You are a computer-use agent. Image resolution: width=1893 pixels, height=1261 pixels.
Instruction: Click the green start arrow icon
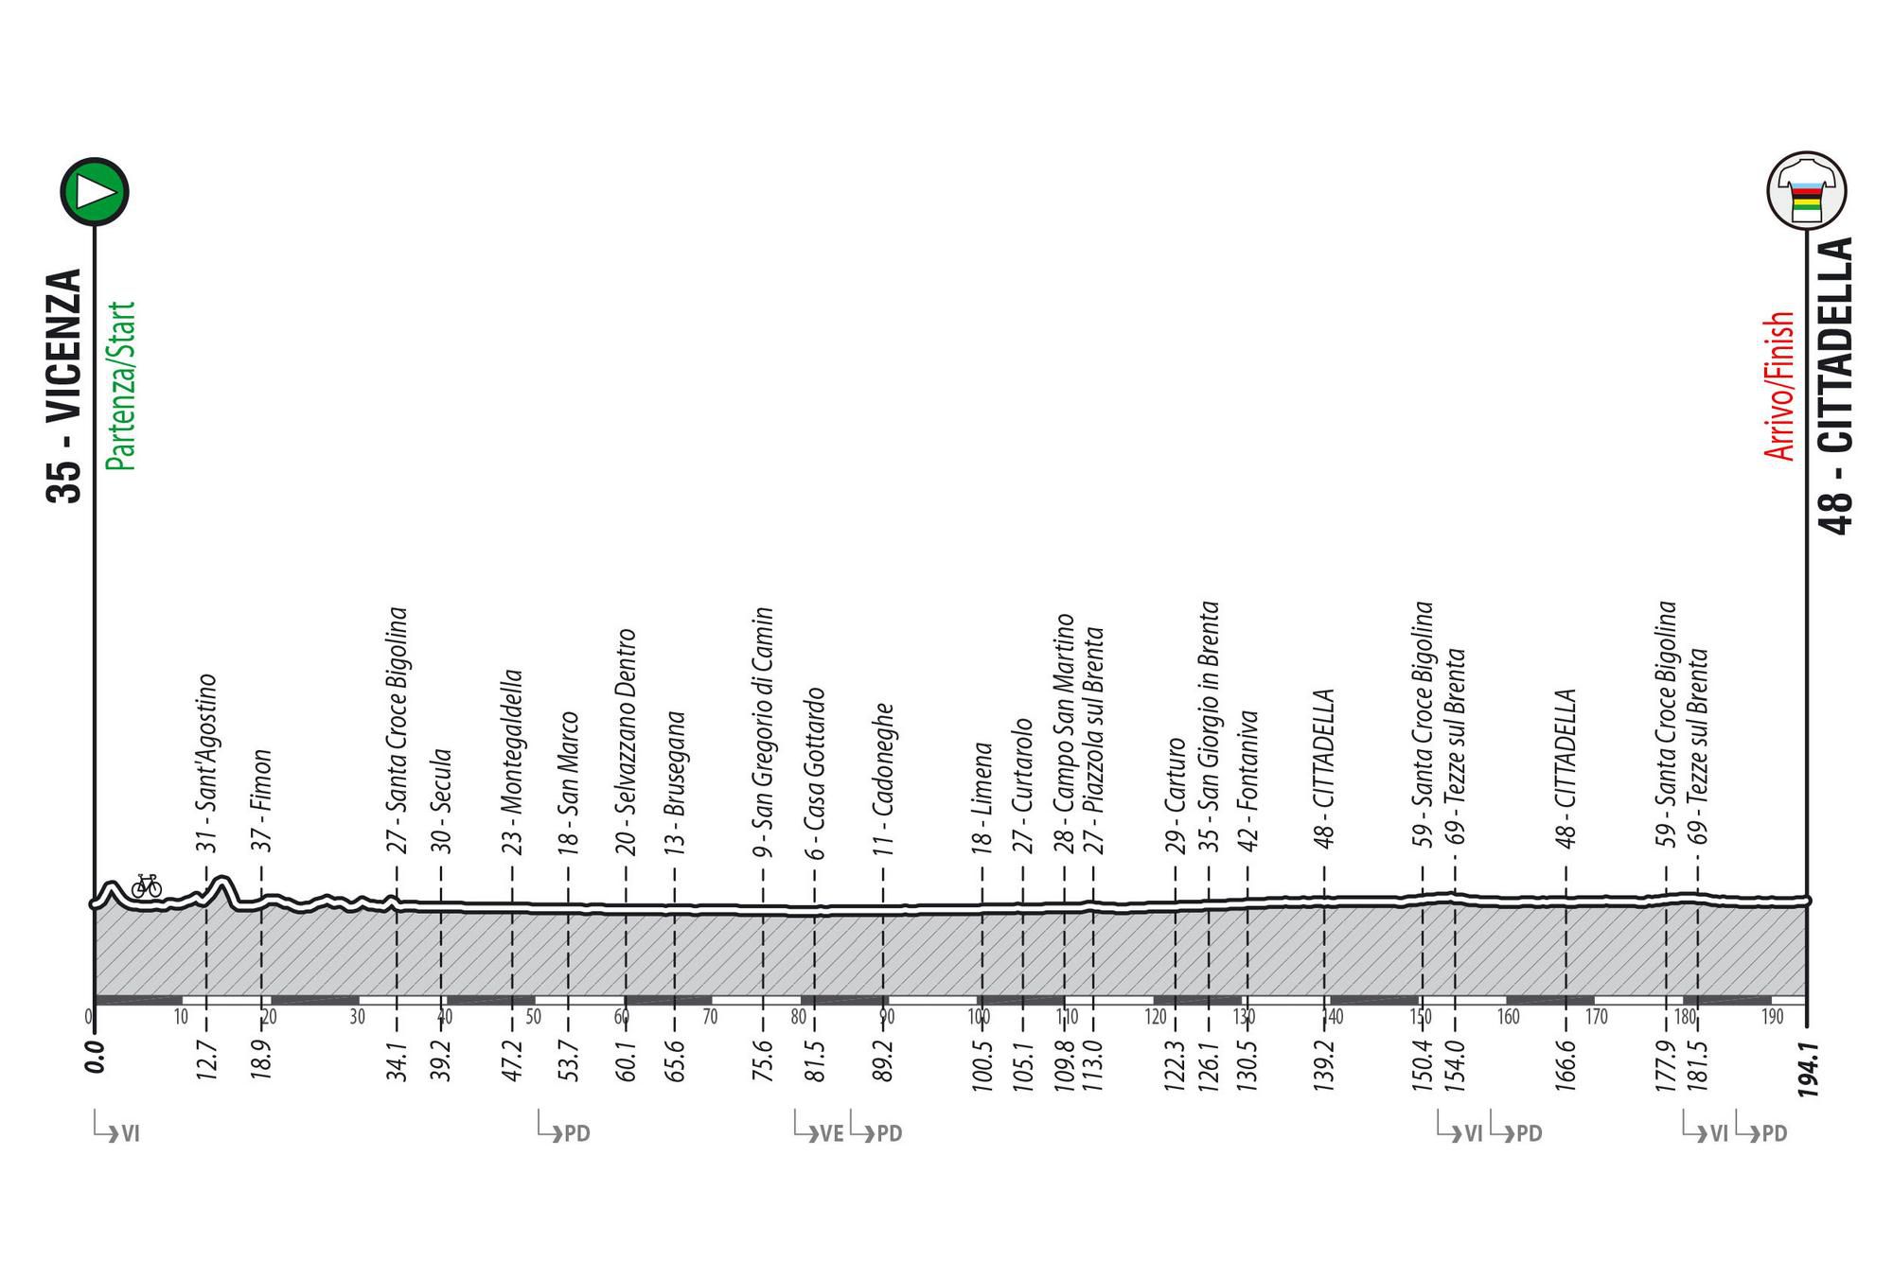(95, 191)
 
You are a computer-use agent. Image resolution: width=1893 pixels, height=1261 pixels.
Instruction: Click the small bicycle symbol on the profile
(147, 885)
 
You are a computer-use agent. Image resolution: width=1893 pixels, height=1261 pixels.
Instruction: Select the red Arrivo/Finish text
(1780, 386)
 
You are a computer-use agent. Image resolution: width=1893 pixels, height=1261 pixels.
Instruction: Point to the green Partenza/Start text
(121, 386)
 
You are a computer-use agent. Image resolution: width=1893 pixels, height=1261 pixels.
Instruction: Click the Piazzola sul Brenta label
(1094, 740)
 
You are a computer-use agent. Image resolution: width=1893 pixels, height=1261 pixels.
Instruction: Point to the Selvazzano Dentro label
(626, 742)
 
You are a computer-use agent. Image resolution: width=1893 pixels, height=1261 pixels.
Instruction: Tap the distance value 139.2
(1324, 1064)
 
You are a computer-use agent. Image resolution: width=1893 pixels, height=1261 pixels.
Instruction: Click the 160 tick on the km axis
(1508, 1018)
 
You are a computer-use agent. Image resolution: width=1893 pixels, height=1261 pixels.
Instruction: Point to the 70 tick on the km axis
(710, 1018)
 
